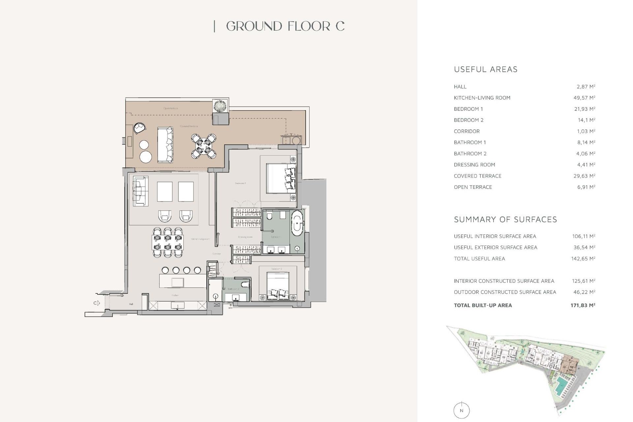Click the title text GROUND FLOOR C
point(285,26)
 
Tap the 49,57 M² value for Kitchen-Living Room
point(584,98)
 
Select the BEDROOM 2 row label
point(468,120)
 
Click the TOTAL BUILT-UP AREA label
point(483,305)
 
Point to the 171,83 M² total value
point(583,305)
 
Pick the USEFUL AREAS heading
point(486,70)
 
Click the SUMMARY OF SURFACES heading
point(505,220)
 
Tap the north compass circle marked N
point(461,410)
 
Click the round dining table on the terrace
point(204,146)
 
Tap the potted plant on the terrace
point(220,106)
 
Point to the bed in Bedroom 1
point(280,178)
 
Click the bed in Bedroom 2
point(278,286)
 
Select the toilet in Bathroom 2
point(245,284)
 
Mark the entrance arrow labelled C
point(96,303)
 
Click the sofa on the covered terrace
point(165,145)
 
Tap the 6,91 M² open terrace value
point(586,187)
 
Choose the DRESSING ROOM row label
point(474,165)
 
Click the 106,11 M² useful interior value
point(583,236)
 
